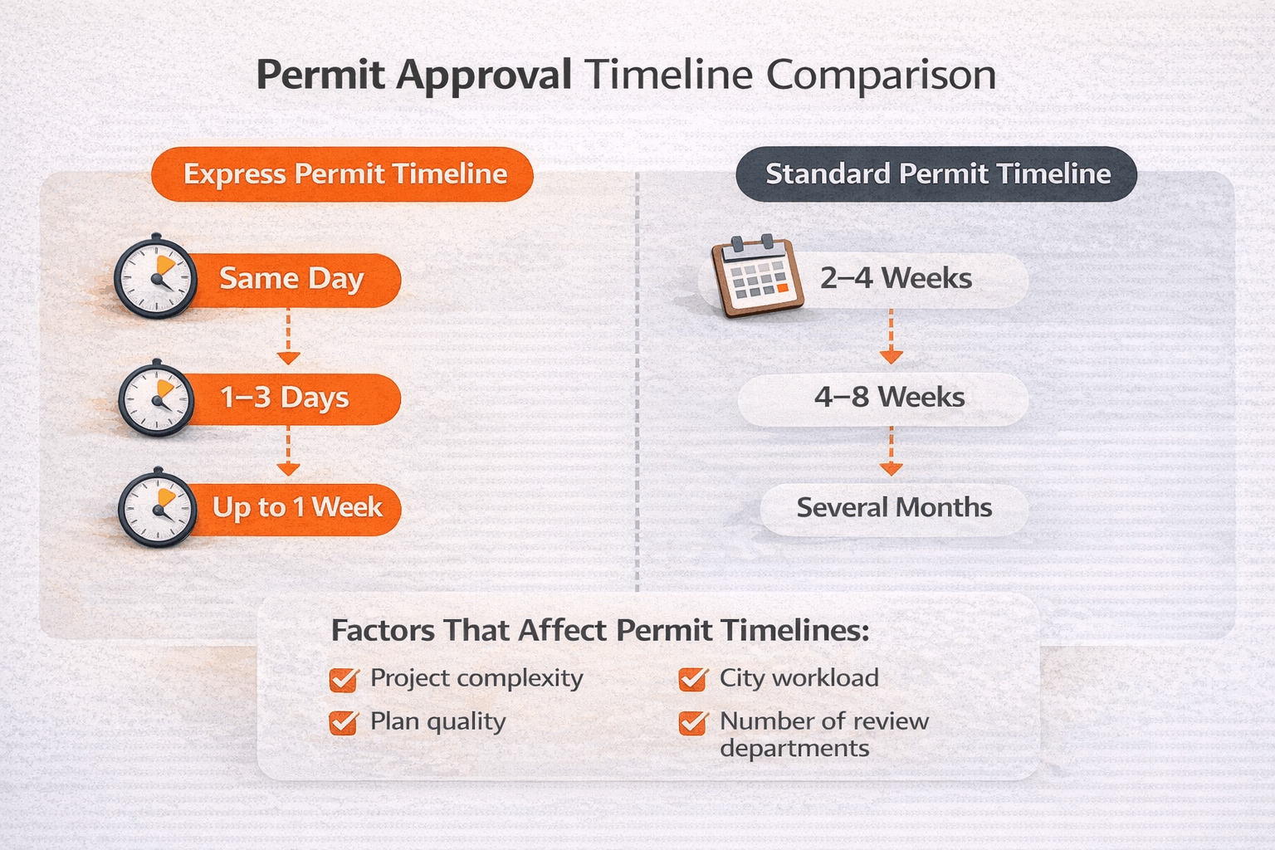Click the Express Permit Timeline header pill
click(x=342, y=174)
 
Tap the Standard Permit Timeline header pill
click(x=936, y=174)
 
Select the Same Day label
click(x=291, y=279)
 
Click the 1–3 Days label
click(x=285, y=398)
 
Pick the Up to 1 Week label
click(x=297, y=507)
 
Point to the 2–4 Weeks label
click(x=896, y=278)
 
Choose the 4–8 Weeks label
click(x=889, y=398)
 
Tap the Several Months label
click(x=894, y=507)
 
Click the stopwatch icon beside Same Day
click(x=155, y=276)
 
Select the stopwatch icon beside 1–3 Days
click(x=156, y=399)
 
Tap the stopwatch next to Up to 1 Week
click(x=157, y=508)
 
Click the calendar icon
click(x=757, y=277)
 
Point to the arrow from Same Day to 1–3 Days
click(x=288, y=337)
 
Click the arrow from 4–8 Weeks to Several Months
click(x=891, y=452)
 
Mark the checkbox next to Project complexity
click(x=343, y=680)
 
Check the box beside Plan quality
click(x=343, y=722)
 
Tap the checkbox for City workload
click(x=692, y=680)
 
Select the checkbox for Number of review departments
click(x=692, y=722)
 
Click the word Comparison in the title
click(x=881, y=76)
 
